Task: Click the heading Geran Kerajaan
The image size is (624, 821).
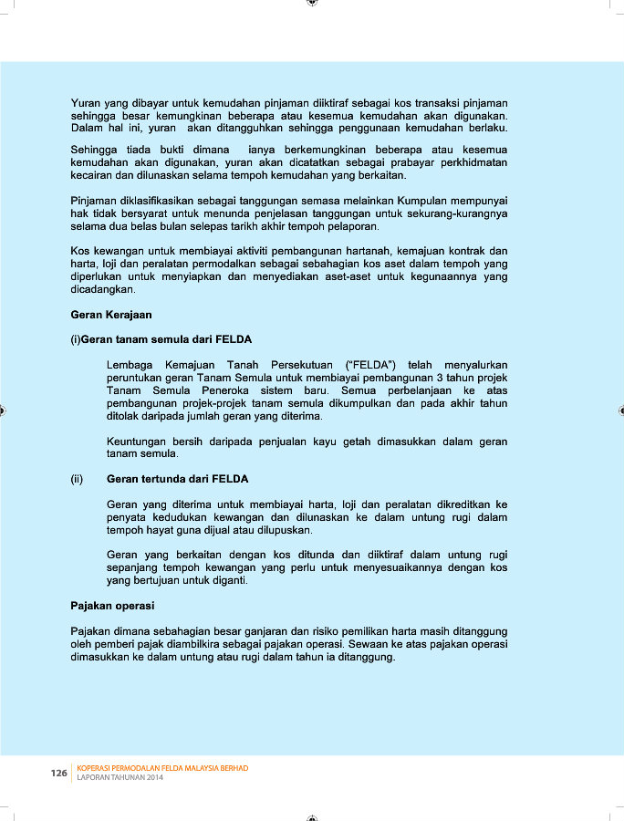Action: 111,314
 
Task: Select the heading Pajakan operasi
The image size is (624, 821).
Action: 112,606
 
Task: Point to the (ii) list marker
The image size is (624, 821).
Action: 78,478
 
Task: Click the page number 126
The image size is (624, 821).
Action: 58,774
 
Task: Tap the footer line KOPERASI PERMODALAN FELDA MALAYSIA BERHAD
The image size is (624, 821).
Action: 162,768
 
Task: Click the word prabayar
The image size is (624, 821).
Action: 409,162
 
